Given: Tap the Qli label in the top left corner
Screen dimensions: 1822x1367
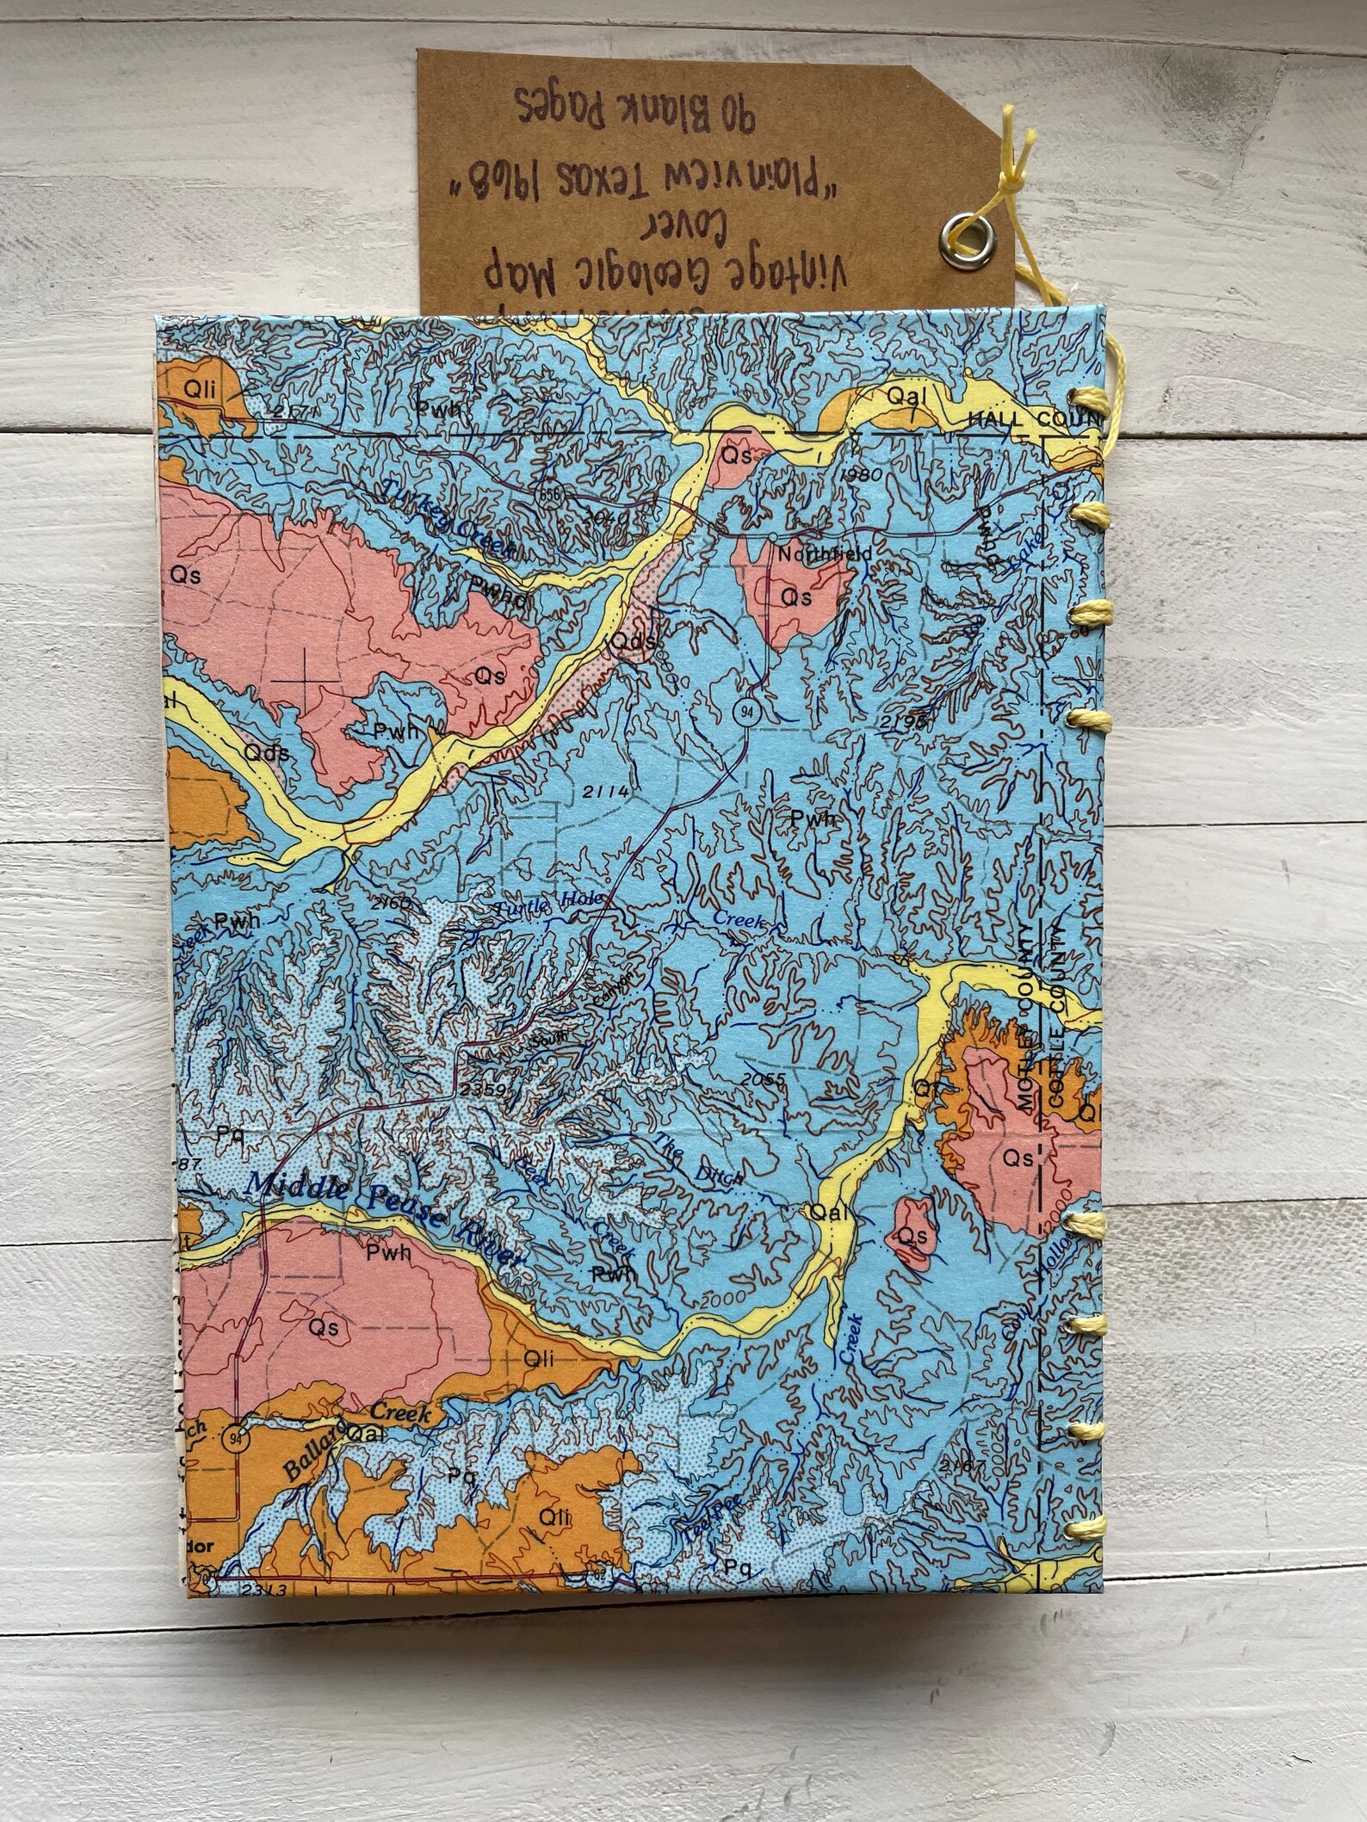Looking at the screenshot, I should (x=200, y=389).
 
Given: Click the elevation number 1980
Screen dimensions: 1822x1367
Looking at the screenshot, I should (x=863, y=475).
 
